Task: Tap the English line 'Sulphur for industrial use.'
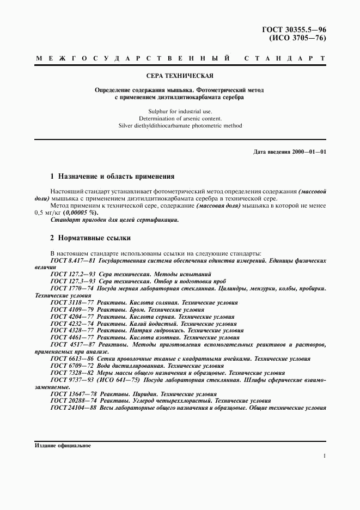pos(180,111)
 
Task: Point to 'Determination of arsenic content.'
pos(180,118)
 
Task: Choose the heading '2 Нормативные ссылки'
pos(90,238)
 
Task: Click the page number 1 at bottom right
pos(324,457)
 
